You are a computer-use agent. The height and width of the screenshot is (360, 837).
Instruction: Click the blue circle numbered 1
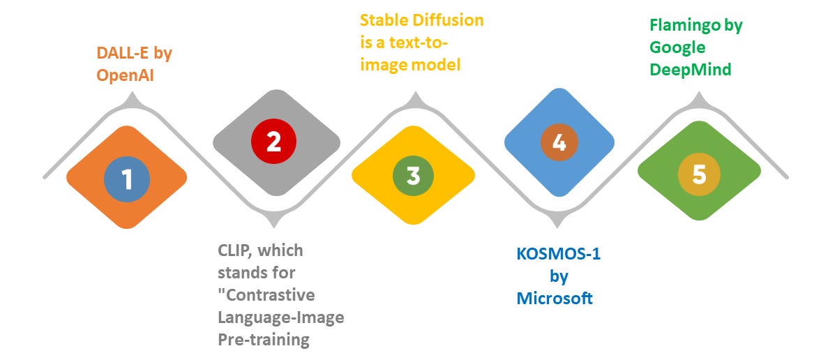[x=127, y=178]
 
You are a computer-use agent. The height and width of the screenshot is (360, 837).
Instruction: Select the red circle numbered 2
[x=273, y=142]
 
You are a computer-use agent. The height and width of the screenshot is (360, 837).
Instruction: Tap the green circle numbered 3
[x=413, y=175]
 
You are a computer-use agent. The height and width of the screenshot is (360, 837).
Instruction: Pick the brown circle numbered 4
[x=559, y=142]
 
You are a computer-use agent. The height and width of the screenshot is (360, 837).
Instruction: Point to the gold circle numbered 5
[x=699, y=175]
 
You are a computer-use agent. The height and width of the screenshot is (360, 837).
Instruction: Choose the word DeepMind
[x=691, y=69]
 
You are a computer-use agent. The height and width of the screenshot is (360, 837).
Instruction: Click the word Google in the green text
[x=677, y=47]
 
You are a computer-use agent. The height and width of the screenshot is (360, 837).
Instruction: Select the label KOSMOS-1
[x=558, y=255]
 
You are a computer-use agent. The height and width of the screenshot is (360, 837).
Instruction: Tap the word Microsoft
[x=555, y=299]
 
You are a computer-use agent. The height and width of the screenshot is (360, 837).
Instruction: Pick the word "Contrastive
[x=266, y=294]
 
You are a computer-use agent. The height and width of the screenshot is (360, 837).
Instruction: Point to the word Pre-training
[x=262, y=340]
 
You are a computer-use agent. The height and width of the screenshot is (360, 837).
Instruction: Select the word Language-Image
[x=281, y=317]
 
